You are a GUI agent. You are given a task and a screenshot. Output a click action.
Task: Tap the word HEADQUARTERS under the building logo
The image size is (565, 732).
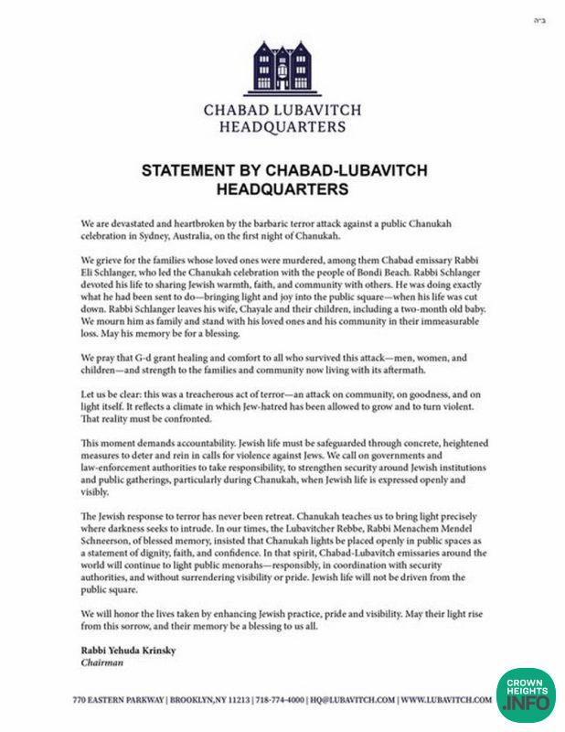click(x=282, y=129)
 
